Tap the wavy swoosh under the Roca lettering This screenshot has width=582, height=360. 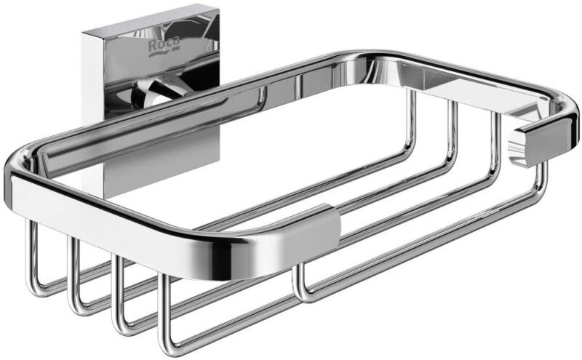tap(164, 52)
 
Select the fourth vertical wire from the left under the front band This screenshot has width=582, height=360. tap(164, 312)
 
